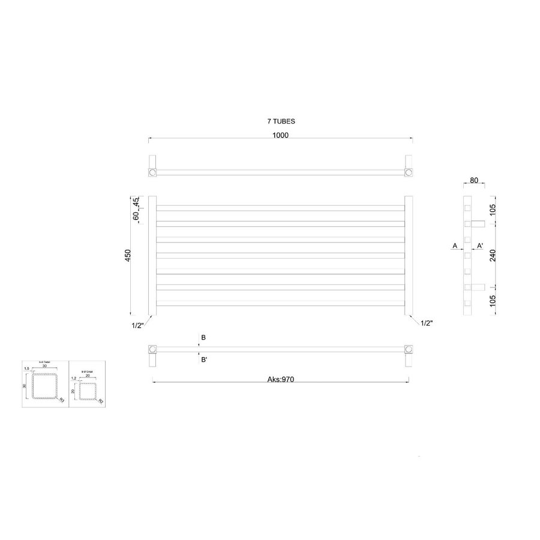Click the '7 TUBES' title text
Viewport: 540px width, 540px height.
pyautogui.click(x=281, y=121)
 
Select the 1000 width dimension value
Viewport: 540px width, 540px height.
pyautogui.click(x=280, y=135)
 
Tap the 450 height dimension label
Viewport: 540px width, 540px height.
pyautogui.click(x=127, y=256)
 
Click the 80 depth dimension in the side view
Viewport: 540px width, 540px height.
pyautogui.click(x=474, y=180)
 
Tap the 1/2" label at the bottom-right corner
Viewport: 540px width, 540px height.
pyautogui.click(x=427, y=323)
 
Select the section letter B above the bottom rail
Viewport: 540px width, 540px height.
pyautogui.click(x=203, y=338)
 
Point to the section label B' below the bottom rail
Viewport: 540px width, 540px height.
pyautogui.click(x=204, y=360)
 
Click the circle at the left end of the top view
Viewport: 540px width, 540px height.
pyautogui.click(x=152, y=173)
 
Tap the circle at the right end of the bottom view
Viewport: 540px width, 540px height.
pyautogui.click(x=409, y=349)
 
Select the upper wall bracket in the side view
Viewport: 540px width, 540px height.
pyautogui.click(x=478, y=224)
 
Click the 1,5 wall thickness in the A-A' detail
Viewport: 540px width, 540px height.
pyautogui.click(x=26, y=370)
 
